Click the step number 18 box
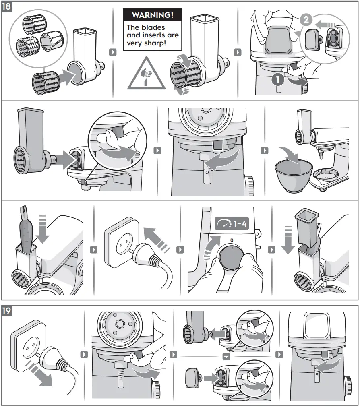pyautogui.click(x=7, y=7)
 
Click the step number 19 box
pyautogui.click(x=7, y=311)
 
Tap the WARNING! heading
pyautogui.click(x=153, y=15)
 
